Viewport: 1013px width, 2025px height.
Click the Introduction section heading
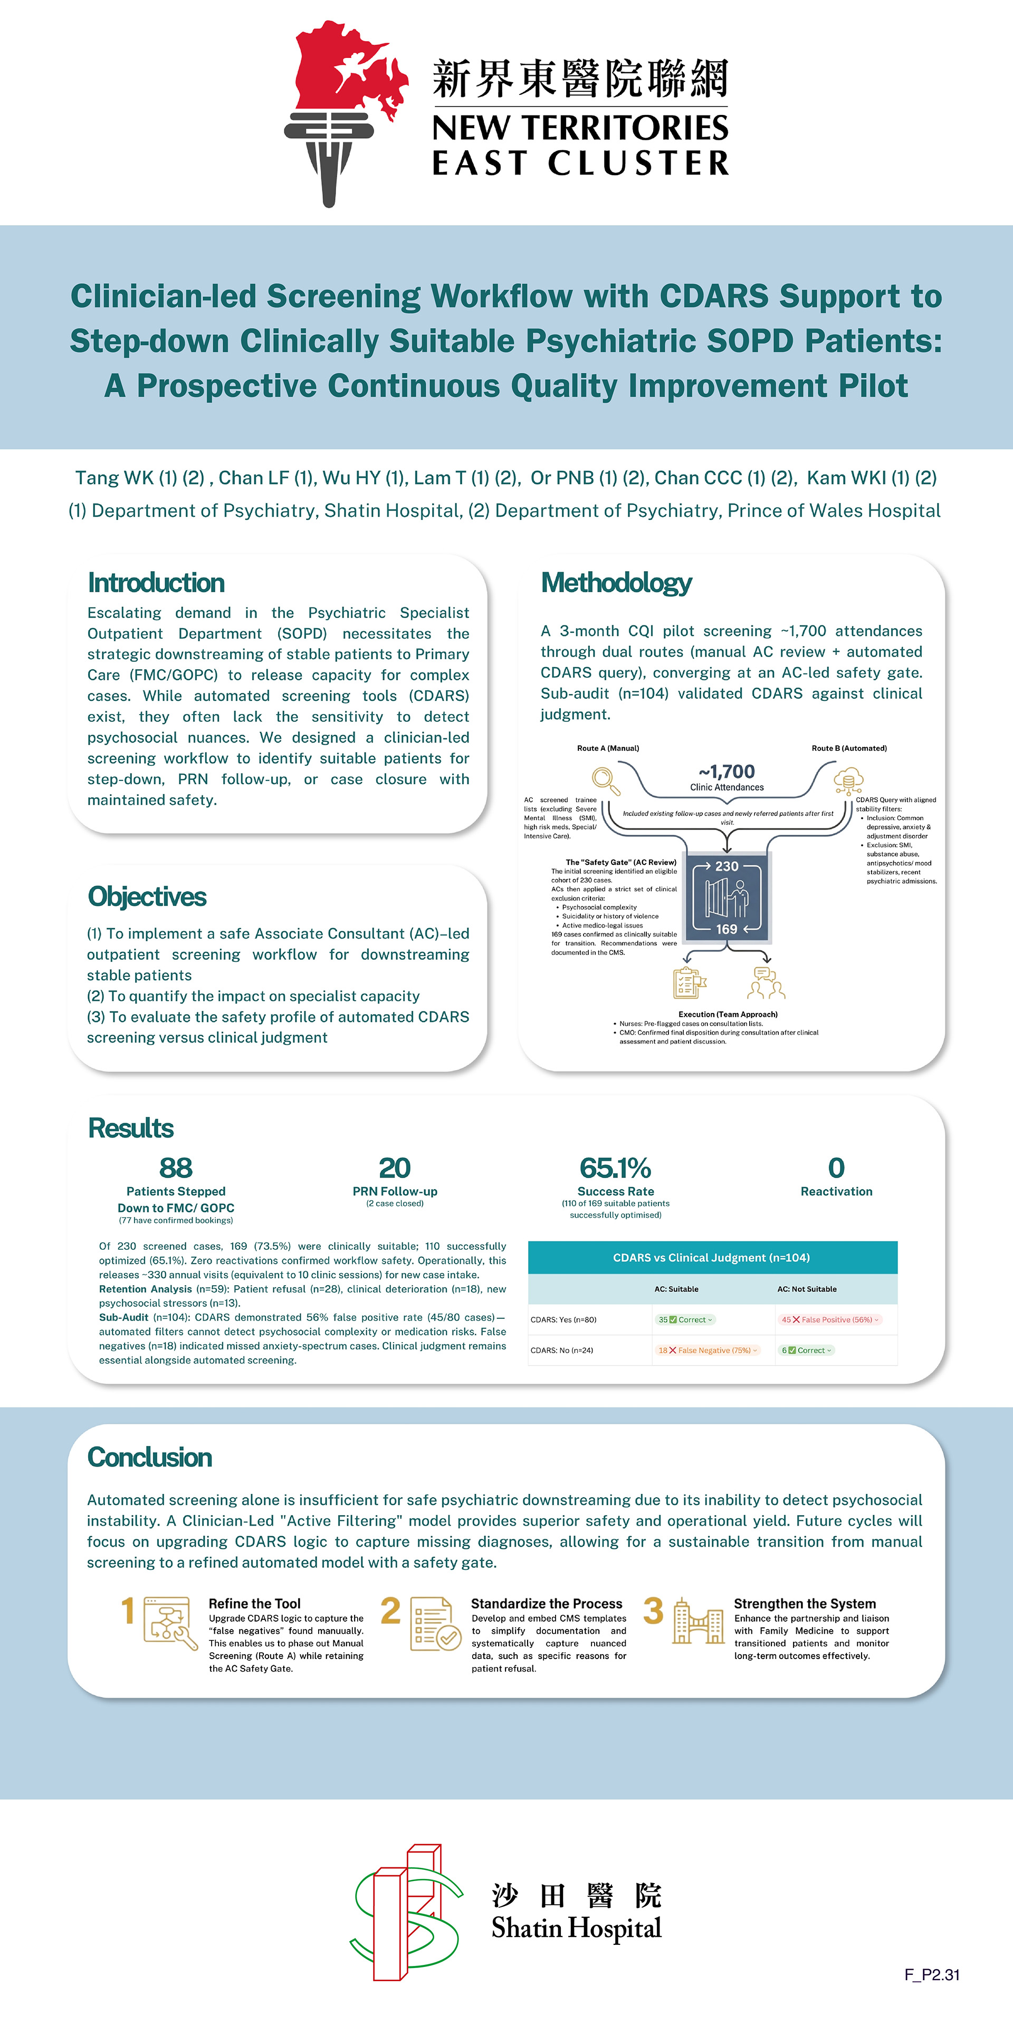(x=156, y=583)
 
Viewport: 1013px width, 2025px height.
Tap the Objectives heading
(x=147, y=896)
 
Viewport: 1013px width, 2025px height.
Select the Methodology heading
(x=616, y=583)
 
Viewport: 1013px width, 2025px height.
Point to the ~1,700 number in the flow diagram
(x=727, y=771)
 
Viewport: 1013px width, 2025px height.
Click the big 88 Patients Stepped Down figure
(x=175, y=1168)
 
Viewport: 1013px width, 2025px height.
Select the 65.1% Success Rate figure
(x=615, y=1168)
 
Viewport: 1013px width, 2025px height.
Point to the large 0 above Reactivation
(x=836, y=1168)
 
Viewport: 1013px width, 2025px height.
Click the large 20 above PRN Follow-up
(x=394, y=1168)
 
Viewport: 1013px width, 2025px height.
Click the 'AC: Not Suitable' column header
(x=807, y=1289)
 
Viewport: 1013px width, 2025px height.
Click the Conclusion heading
(x=149, y=1457)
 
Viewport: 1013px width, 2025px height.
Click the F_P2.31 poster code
(x=931, y=1974)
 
